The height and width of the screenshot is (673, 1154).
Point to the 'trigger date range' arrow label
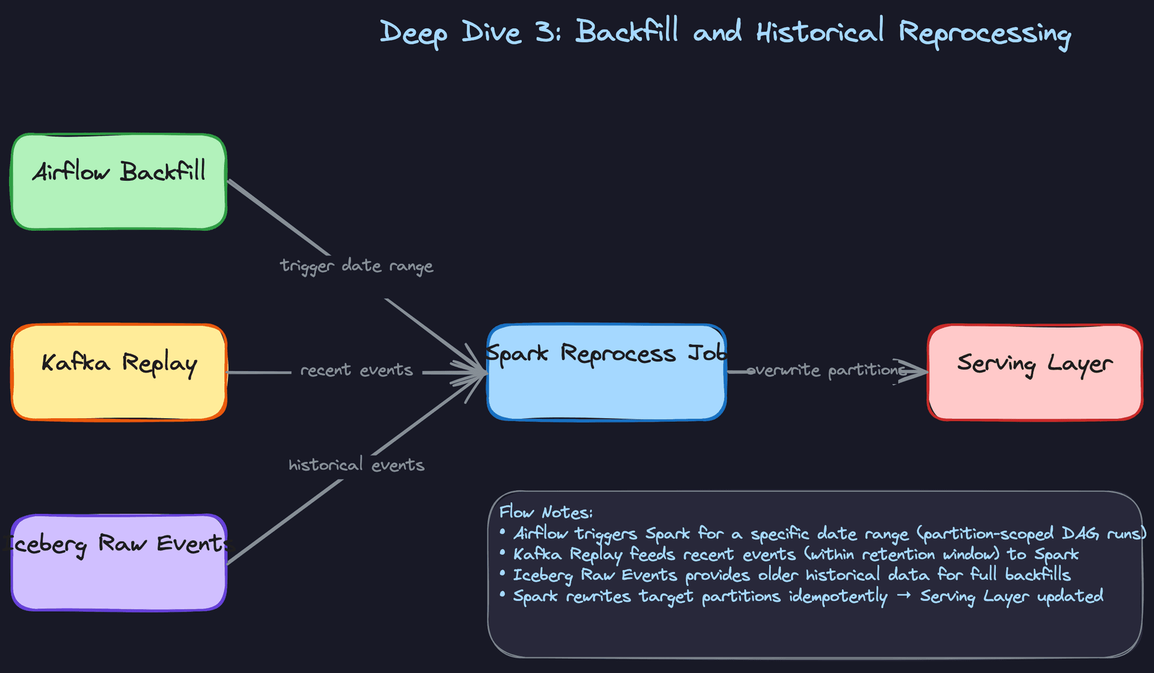coord(356,266)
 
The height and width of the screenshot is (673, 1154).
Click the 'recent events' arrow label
coord(356,370)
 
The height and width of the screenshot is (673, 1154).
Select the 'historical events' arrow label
coord(356,465)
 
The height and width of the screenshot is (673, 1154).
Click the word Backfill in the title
coord(627,31)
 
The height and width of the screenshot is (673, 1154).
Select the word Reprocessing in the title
coord(985,33)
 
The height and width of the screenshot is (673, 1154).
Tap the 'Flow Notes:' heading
coord(546,512)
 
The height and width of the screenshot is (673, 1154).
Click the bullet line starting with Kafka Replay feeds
coord(795,554)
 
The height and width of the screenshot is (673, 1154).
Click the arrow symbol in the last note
coord(903,596)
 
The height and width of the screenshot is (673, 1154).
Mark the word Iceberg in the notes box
coord(543,576)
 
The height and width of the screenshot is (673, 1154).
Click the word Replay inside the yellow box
coord(160,364)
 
